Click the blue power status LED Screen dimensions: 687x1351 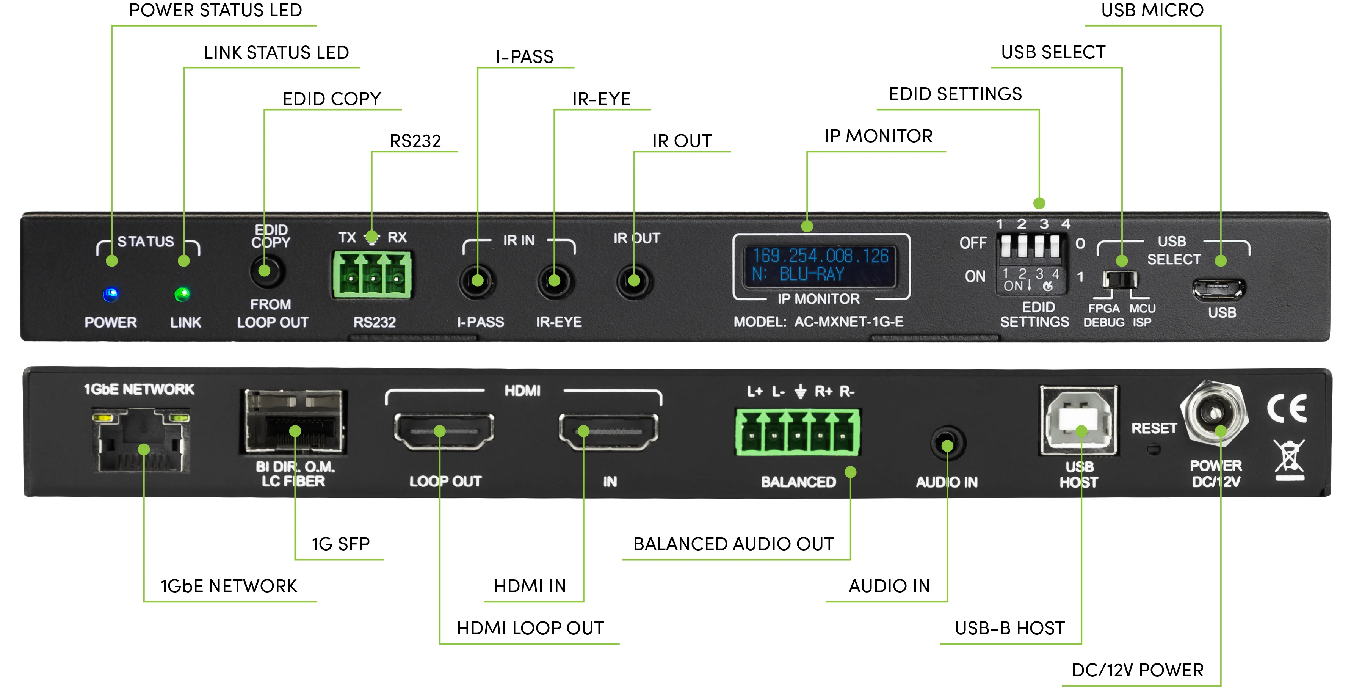click(x=111, y=294)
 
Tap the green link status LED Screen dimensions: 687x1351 click(x=182, y=294)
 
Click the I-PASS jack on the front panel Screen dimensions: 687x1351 click(x=477, y=282)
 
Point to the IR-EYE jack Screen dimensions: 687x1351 click(x=555, y=282)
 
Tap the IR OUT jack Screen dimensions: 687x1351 click(x=634, y=282)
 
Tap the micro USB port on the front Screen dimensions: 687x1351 click(x=1218, y=289)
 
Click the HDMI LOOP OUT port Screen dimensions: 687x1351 click(x=444, y=431)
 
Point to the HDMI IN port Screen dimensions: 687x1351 click(x=608, y=431)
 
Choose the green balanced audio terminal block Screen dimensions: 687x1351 click(x=797, y=433)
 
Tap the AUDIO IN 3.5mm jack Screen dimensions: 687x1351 click(x=947, y=444)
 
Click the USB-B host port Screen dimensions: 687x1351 click(x=1079, y=420)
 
